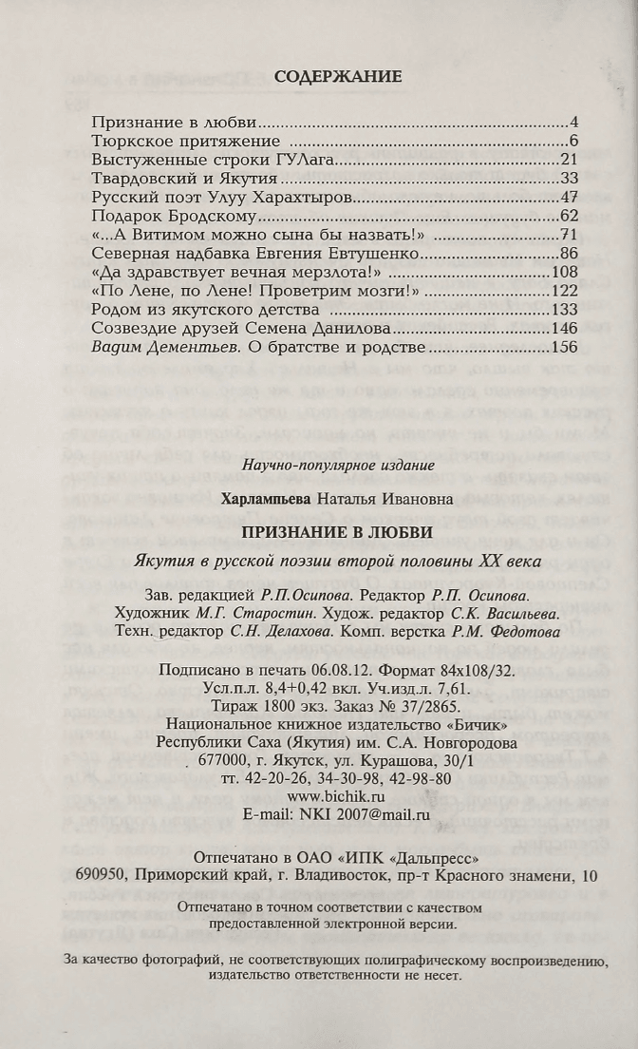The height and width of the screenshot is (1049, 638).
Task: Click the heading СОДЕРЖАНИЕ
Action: click(x=338, y=76)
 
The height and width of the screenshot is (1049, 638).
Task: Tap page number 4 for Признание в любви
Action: click(x=574, y=124)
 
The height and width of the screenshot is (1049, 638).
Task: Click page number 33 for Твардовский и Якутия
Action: click(x=570, y=178)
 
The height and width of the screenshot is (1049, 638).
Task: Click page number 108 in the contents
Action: click(x=565, y=272)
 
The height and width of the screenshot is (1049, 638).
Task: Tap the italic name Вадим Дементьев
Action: click(x=167, y=347)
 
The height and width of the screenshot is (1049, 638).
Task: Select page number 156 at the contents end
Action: click(x=565, y=347)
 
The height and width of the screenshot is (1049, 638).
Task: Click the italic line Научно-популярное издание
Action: click(x=338, y=466)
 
